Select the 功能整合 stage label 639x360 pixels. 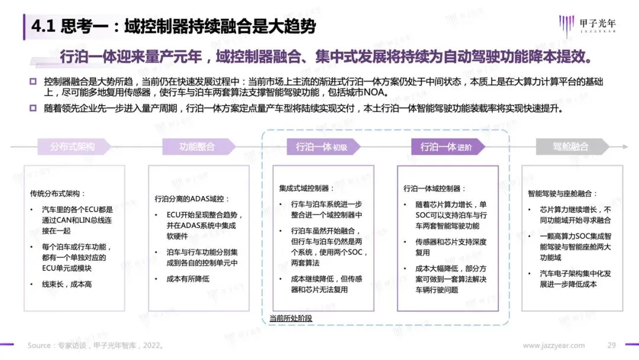pos(197,146)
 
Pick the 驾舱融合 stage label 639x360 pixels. pos(571,146)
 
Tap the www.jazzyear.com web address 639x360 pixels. pos(553,345)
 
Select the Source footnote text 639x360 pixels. pos(95,345)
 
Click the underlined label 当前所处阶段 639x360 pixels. pos(291,318)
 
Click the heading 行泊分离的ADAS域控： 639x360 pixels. pos(192,198)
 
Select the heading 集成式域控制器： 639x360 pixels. pos(306,188)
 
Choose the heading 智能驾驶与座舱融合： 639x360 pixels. pos(563,194)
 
